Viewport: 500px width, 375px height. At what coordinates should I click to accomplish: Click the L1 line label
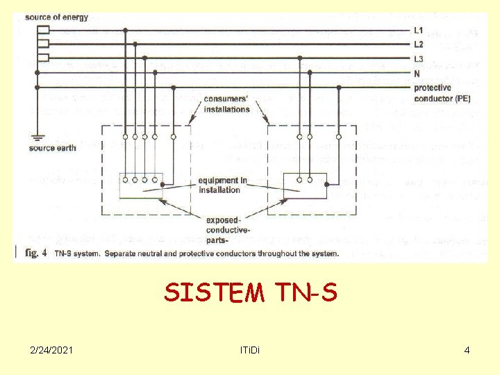point(418,31)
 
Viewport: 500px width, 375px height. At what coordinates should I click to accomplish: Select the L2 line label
point(418,44)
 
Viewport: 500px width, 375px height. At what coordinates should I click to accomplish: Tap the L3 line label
point(418,59)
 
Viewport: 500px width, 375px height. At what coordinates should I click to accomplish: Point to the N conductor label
point(417,73)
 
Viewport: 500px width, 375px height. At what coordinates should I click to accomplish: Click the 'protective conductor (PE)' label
point(442,93)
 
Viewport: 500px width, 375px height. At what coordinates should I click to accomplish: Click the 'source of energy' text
point(56,17)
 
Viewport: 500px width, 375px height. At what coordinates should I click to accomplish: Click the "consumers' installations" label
point(226,104)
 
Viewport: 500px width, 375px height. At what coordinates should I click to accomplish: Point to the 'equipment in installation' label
point(222,185)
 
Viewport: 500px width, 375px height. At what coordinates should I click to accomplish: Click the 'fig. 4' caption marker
point(35,253)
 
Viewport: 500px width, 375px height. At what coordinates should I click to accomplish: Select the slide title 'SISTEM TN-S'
point(250,293)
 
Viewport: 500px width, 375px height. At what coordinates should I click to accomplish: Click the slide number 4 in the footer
point(467,350)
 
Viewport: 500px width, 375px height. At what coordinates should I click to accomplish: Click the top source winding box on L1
point(44,31)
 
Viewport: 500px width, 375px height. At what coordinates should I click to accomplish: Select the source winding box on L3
point(44,58)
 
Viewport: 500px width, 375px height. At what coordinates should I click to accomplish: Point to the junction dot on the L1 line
point(125,31)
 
